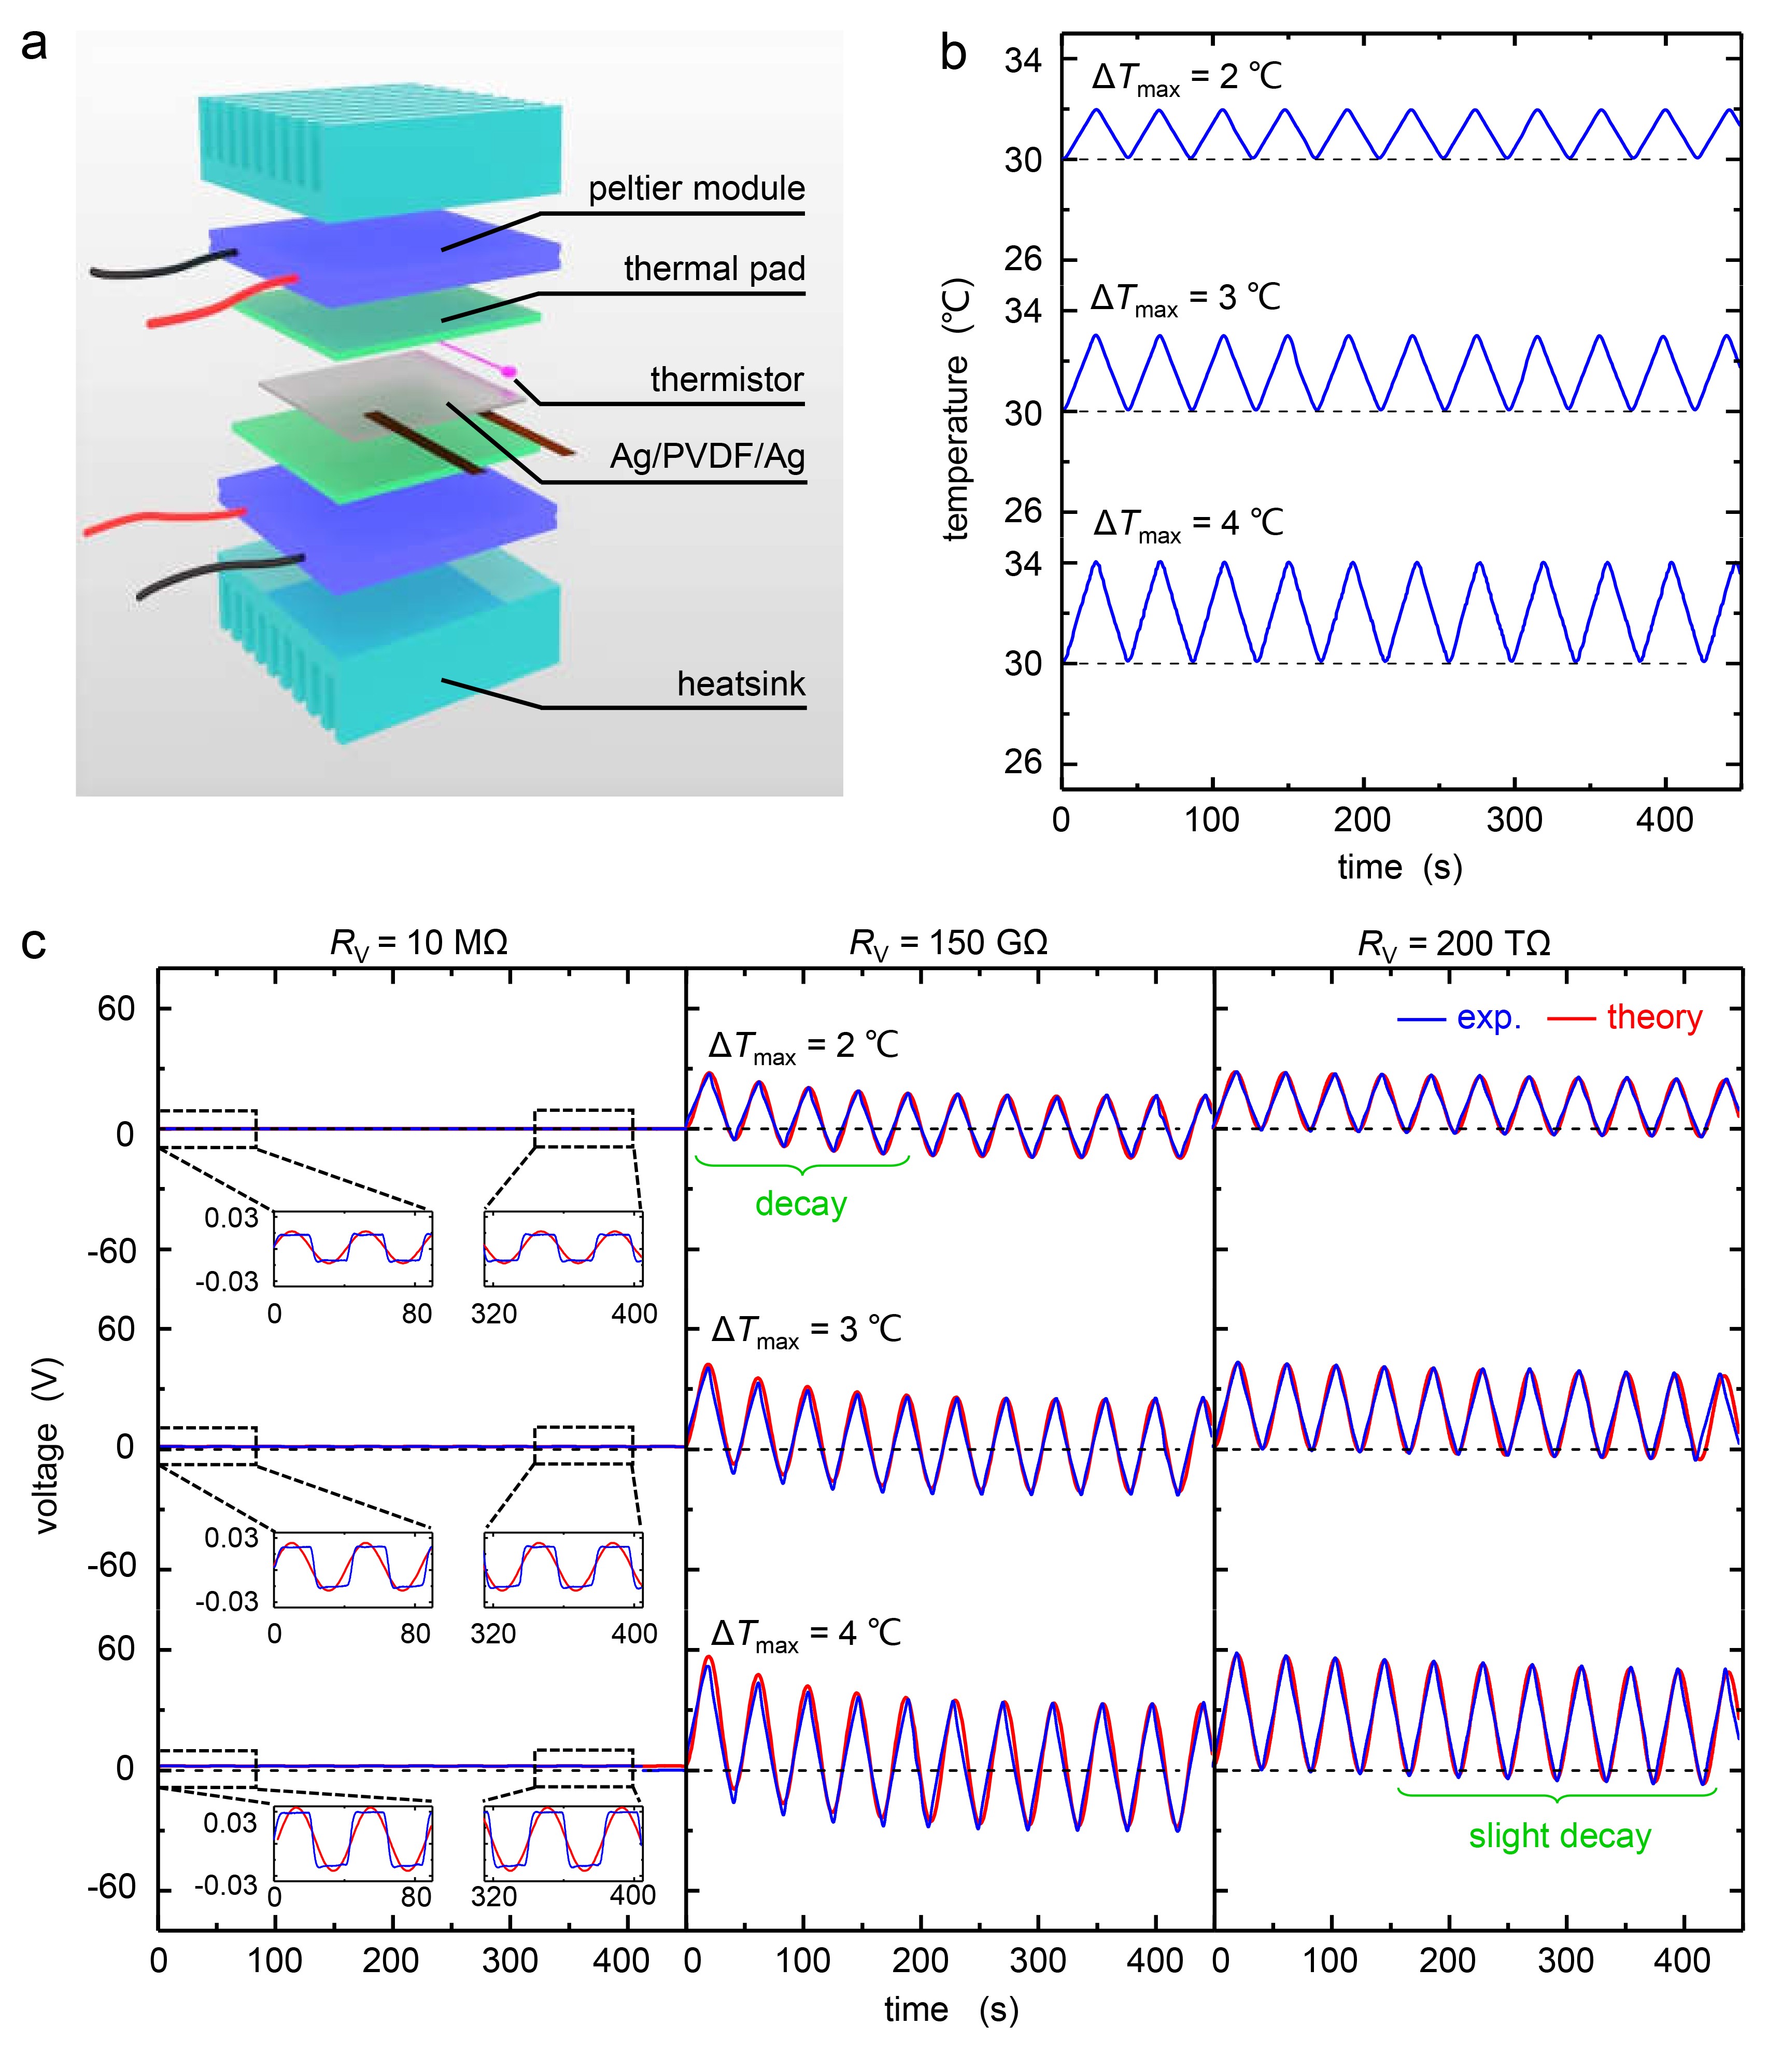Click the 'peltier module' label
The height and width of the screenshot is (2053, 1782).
tap(696, 189)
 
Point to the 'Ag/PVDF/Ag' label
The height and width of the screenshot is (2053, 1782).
tap(707, 457)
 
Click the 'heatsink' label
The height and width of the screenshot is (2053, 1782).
tap(741, 685)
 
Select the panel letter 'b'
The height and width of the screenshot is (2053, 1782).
tap(953, 54)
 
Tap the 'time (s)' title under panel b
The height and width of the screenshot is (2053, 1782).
tap(1399, 868)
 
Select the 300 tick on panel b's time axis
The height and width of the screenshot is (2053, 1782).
tap(1514, 820)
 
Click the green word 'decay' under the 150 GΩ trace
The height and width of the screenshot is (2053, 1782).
tap(800, 1205)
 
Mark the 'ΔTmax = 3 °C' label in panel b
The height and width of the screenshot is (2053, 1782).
tap(1185, 298)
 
